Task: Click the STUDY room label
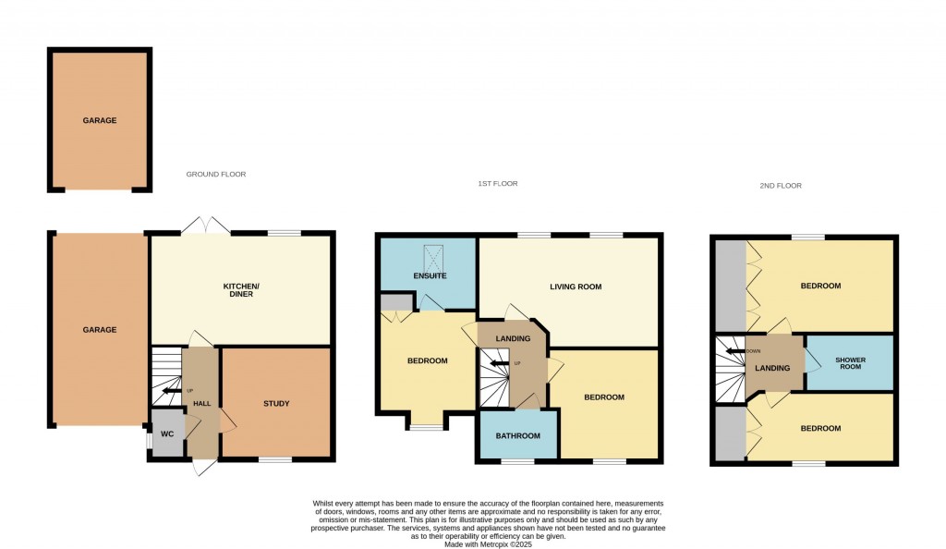coord(276,403)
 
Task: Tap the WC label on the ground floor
coord(167,433)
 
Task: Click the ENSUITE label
coord(431,275)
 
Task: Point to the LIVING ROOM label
coord(576,287)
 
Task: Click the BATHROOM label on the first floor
coord(517,435)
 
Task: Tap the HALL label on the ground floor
coord(202,403)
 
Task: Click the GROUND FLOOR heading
coord(216,174)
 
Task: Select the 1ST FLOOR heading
coord(497,184)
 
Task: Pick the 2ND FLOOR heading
coord(782,186)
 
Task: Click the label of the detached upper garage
coord(100,120)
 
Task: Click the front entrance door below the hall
coord(203,468)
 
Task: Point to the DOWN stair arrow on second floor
coord(735,351)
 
